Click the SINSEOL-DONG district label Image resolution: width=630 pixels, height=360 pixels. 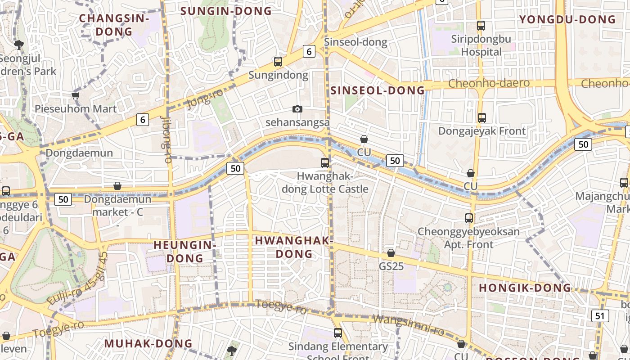378,90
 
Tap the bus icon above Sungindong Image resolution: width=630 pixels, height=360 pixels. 278,62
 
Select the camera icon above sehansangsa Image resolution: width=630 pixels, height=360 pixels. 297,109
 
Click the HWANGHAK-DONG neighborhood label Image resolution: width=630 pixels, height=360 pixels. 294,247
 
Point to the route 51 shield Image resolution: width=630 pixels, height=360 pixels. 600,316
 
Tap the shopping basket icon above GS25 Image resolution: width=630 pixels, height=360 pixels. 391,253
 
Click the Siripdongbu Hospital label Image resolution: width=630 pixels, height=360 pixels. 481,45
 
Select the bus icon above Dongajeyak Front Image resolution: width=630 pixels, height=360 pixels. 481,118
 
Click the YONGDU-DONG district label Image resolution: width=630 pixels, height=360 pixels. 567,19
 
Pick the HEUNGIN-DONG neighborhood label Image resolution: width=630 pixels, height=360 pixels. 184,252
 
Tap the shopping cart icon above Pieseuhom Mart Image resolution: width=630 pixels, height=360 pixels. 75,95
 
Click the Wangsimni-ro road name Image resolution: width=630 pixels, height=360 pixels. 409,325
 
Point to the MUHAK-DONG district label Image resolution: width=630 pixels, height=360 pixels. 148,344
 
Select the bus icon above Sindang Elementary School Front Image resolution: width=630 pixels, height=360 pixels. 337,333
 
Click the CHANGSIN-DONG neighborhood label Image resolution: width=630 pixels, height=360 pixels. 114,25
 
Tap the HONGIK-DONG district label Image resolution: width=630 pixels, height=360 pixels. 525,288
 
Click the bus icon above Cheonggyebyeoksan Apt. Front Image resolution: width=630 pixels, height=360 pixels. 469,218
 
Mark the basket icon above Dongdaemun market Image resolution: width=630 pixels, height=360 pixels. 117,185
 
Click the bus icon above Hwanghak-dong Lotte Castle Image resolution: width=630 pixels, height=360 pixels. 325,163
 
